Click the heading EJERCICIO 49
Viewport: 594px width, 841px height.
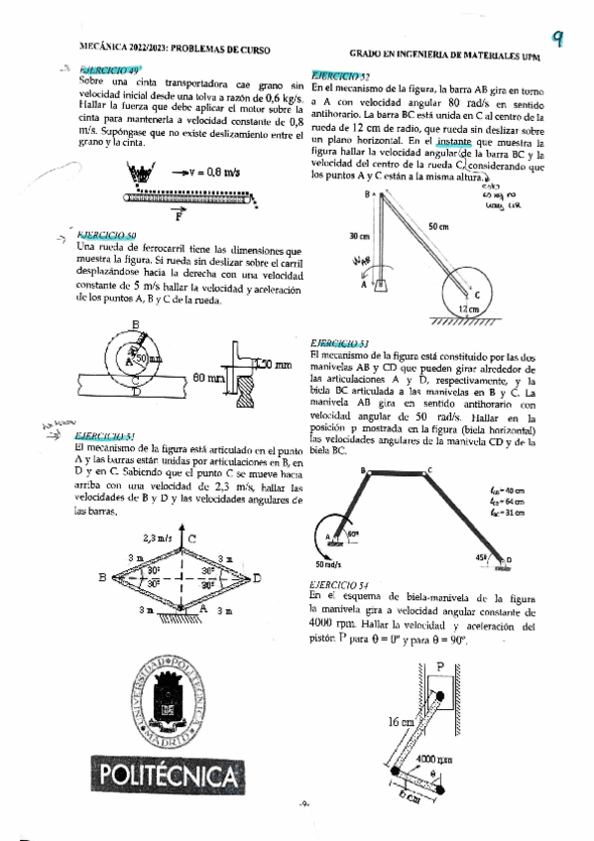click(110, 70)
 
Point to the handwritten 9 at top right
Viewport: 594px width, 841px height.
click(558, 39)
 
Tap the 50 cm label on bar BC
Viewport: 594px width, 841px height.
click(437, 227)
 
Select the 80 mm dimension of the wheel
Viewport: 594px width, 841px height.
click(206, 378)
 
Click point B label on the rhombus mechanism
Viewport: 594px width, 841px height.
click(103, 576)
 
